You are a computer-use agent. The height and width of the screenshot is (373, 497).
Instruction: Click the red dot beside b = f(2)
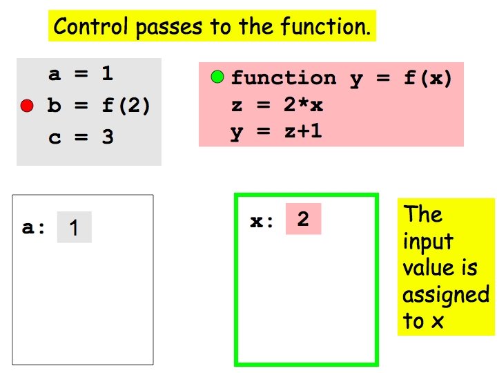[x=27, y=106]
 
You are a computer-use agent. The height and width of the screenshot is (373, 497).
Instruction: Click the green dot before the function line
[x=217, y=77]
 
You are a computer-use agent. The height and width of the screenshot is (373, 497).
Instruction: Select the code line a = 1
[x=81, y=75]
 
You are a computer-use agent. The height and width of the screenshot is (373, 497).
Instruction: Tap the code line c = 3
[x=81, y=137]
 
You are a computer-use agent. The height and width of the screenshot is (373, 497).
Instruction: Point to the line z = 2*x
[x=277, y=106]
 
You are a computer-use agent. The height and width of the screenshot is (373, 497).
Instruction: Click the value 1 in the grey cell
[x=74, y=228]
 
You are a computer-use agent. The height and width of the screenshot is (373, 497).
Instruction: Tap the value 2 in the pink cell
[x=303, y=220]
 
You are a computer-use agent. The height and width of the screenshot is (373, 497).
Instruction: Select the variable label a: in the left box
[x=34, y=227]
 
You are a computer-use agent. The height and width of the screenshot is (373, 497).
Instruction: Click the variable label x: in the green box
[x=262, y=221]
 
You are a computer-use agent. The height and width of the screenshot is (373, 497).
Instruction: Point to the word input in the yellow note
[x=428, y=242]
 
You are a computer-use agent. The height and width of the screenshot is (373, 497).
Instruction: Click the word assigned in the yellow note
[x=446, y=296]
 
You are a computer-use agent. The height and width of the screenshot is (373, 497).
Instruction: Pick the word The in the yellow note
[x=422, y=214]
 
